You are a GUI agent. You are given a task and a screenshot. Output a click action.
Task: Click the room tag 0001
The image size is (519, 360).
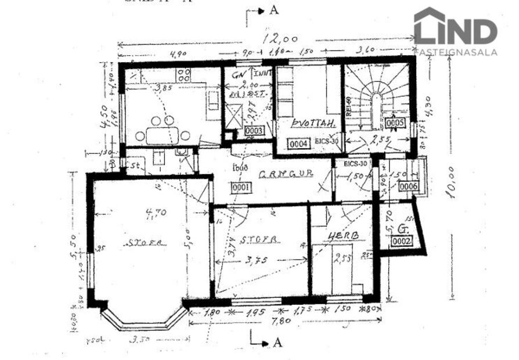pyautogui.click(x=240, y=188)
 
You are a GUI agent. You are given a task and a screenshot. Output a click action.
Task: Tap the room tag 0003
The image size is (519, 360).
pyautogui.click(x=254, y=131)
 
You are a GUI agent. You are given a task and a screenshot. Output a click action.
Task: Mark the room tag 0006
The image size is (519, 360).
pyautogui.click(x=408, y=186)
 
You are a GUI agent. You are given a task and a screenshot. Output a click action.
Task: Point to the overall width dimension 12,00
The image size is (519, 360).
pyautogui.click(x=280, y=40)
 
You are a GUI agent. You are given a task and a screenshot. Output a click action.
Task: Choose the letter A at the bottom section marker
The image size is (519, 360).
pyautogui.click(x=278, y=342)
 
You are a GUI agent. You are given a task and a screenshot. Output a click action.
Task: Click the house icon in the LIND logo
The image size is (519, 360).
pyautogui.click(x=429, y=26)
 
